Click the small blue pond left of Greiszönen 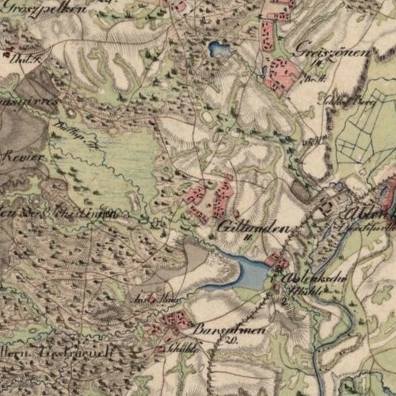pyautogui.click(x=219, y=50)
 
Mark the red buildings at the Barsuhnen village pyautogui.click(x=177, y=322)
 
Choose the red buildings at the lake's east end pyautogui.click(x=277, y=260)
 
